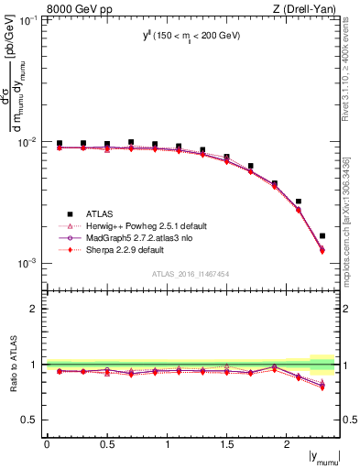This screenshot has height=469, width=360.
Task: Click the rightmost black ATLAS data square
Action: tap(322, 235)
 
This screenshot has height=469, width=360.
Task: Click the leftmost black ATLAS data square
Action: tap(60, 144)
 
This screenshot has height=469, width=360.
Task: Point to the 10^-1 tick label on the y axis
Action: tap(27, 20)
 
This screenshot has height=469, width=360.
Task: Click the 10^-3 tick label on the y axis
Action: tap(27, 263)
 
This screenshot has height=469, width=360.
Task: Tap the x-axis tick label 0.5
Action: tap(107, 444)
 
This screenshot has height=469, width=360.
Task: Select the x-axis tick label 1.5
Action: tap(227, 444)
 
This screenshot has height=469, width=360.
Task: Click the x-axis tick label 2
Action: tap(288, 444)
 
